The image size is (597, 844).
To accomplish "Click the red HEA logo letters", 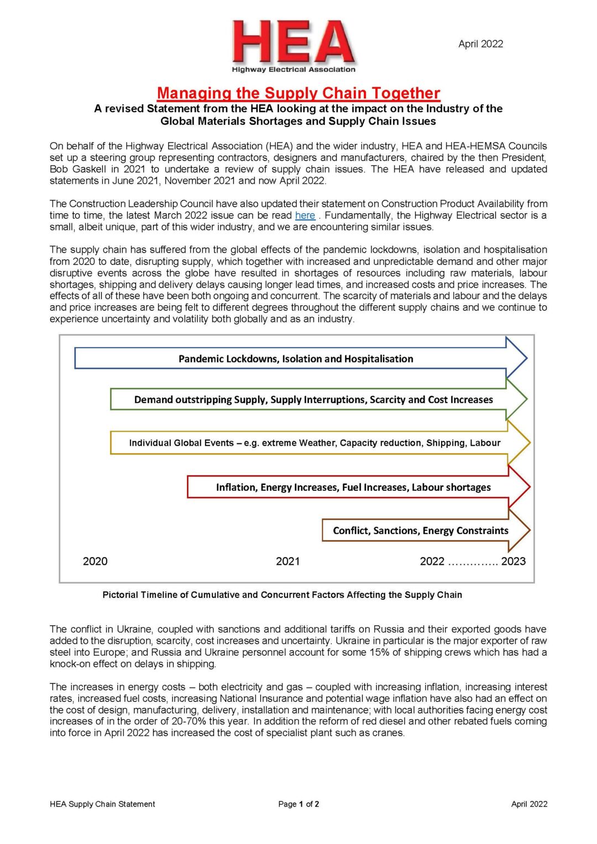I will [293, 42].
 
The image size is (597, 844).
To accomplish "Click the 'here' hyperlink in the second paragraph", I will [305, 216].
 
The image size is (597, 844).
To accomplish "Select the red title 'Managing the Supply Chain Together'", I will [298, 93].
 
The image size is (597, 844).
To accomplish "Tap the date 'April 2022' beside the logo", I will [480, 44].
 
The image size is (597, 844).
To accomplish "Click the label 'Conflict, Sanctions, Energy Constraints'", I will [420, 531].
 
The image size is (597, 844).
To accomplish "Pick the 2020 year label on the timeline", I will [95, 562].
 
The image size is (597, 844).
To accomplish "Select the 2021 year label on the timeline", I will [287, 562].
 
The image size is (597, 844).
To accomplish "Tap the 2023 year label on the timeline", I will [513, 562].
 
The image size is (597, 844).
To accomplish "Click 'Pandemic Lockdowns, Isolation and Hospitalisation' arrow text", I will [296, 359].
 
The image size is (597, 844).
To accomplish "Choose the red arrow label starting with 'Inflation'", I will [353, 487].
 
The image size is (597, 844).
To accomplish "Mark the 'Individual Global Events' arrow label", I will [315, 443].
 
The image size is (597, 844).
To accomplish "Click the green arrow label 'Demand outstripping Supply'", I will [313, 400].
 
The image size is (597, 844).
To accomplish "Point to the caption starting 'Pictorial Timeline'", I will [282, 595].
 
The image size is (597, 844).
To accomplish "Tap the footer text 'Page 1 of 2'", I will [298, 804].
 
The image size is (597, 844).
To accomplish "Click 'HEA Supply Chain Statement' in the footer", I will [102, 804].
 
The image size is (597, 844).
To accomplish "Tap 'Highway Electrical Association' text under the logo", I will [294, 70].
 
